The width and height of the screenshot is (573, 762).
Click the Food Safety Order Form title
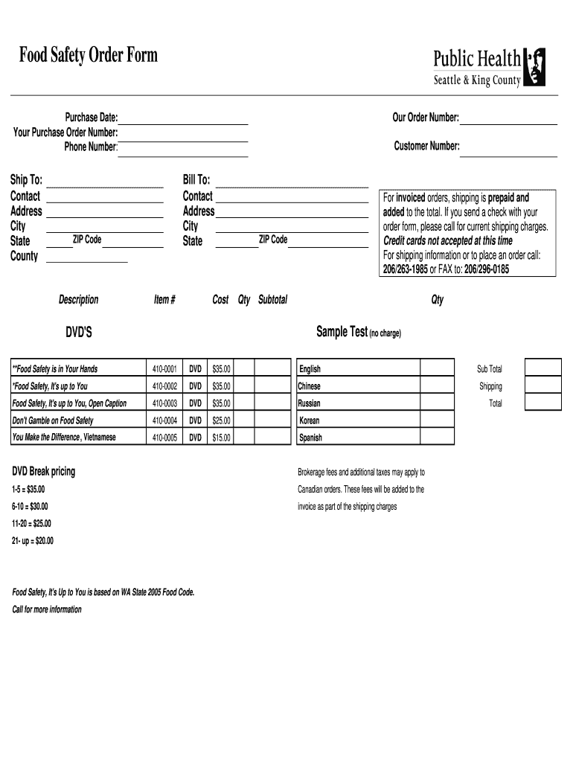pyautogui.click(x=89, y=56)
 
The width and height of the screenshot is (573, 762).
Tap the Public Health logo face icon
pyautogui.click(x=534, y=67)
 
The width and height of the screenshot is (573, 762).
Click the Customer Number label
pyautogui.click(x=426, y=147)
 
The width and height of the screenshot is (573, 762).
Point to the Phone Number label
pyautogui.click(x=90, y=147)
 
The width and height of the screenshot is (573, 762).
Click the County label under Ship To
pyautogui.click(x=24, y=256)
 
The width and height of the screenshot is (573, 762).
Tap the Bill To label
pyautogui.click(x=196, y=180)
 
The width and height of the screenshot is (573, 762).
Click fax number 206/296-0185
pyautogui.click(x=487, y=269)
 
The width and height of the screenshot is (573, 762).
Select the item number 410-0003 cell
pyautogui.click(x=164, y=403)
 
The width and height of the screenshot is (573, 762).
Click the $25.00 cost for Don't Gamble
pyautogui.click(x=221, y=420)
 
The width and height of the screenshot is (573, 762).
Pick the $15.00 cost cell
pyautogui.click(x=221, y=438)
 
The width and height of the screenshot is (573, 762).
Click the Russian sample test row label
pyautogui.click(x=310, y=403)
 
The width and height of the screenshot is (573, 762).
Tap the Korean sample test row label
pyautogui.click(x=310, y=420)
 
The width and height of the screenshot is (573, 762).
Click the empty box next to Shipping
pyautogui.click(x=542, y=385)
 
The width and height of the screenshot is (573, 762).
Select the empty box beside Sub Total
pyautogui.click(x=542, y=368)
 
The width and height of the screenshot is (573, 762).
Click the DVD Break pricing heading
pyautogui.click(x=43, y=472)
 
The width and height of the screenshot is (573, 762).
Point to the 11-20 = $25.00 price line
pyautogui.click(x=32, y=523)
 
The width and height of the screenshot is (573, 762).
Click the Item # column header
pyautogui.click(x=164, y=300)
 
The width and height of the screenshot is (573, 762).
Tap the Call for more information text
pyautogui.click(x=47, y=609)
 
